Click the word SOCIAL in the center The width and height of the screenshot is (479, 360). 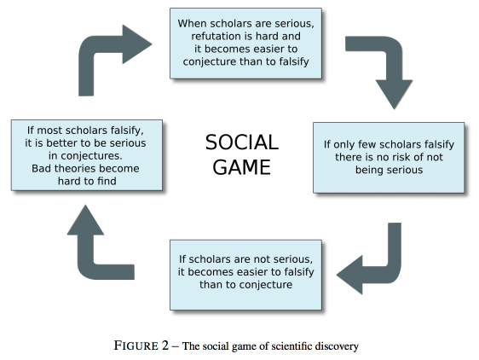coord(242,142)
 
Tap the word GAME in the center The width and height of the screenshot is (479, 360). coord(242,167)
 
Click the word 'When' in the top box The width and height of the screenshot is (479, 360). coord(192,23)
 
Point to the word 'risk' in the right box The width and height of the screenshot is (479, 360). coord(392,157)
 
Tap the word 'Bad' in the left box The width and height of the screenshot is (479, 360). coord(41,168)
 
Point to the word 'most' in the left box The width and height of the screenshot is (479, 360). coord(49,131)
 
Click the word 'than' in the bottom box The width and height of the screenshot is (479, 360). coord(211,284)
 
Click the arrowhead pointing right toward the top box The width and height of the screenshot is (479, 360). coord(137,44)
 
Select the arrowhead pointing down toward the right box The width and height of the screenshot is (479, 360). coord(394,94)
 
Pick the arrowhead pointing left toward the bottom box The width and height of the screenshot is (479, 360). coord(350,275)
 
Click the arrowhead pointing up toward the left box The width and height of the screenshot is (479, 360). coord(85,220)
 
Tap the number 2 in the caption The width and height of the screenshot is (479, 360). coord(165,345)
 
